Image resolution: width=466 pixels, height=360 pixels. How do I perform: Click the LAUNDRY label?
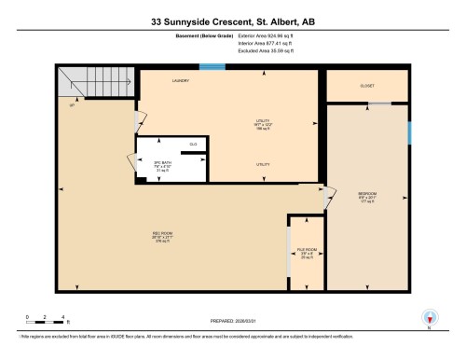click(x=181, y=81)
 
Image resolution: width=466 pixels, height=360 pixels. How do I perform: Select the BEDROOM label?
click(x=366, y=194)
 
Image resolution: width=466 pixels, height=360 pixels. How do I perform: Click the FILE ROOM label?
click(x=306, y=250)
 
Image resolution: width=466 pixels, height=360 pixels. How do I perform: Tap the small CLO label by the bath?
click(x=193, y=144)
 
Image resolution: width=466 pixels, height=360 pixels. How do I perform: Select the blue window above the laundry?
click(x=212, y=66)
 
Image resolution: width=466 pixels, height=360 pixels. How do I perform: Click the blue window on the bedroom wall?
click(x=410, y=132)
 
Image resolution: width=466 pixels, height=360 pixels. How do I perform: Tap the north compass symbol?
click(x=430, y=317)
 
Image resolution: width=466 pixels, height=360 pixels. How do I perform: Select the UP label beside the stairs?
click(x=72, y=104)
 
